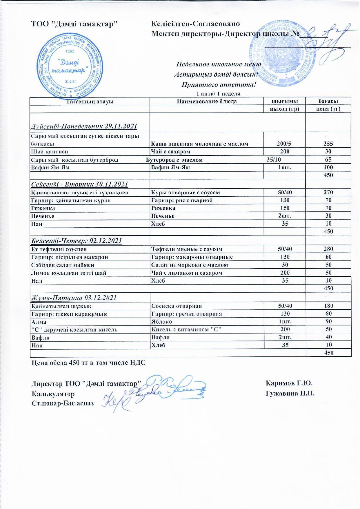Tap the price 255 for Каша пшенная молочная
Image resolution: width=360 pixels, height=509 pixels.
328,144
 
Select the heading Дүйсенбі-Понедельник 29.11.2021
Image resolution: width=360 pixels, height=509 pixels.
83,126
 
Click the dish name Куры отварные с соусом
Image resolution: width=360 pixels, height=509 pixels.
186,193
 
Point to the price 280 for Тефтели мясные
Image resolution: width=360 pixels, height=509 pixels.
328,249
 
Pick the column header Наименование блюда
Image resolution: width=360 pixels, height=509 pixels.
207,101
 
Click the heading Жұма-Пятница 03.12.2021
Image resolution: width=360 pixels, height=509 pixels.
74,298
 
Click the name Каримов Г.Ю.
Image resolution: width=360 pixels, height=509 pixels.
289,383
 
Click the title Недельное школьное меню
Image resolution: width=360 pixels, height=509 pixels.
219,64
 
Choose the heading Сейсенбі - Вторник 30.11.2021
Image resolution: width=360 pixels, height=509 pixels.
79,184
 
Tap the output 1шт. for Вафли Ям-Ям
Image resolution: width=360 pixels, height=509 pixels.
285,167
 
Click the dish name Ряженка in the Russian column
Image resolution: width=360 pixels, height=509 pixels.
163,208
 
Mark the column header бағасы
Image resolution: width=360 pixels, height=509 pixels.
328,101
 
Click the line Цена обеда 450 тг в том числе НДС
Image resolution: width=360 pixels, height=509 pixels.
88,363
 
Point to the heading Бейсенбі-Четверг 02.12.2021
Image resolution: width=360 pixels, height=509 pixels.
76,241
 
